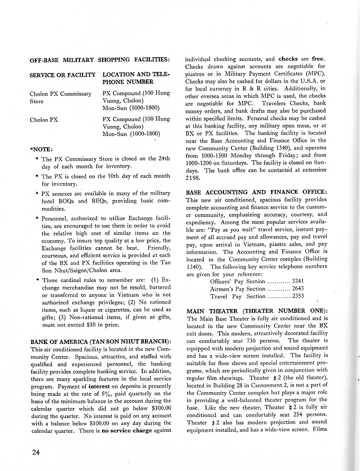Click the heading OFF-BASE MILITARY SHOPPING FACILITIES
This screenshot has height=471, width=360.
click(x=100, y=59)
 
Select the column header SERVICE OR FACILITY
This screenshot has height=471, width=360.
click(x=62, y=75)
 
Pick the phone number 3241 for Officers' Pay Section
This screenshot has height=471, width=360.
click(x=298, y=280)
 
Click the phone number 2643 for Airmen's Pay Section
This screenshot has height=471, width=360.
click(x=298, y=288)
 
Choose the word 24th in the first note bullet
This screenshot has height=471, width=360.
click(x=162, y=159)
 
